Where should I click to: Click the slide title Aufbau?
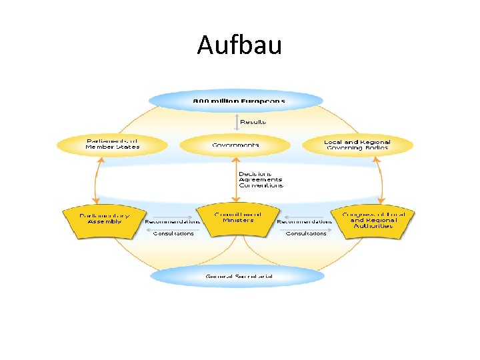pos(239,45)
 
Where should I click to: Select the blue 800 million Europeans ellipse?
pos(236,101)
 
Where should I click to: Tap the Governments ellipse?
pos(235,145)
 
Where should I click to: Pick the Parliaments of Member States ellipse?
pos(113,144)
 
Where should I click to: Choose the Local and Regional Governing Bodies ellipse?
pos(357,145)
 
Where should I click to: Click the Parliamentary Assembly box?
pos(104,220)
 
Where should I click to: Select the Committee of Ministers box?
pos(238,220)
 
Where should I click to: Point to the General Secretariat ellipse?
pos(238,275)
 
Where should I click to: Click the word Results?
pos(253,122)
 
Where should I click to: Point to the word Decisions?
pos(255,174)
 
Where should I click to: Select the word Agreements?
pos(260,179)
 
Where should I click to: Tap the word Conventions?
pos(261,185)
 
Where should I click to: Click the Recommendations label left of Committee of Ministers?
pos(172,221)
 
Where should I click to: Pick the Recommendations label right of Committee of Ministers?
pos(304,221)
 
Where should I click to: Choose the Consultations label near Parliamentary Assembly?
pos(173,233)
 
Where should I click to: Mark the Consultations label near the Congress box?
pos(306,233)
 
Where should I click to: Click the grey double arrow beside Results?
pos(235,122)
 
